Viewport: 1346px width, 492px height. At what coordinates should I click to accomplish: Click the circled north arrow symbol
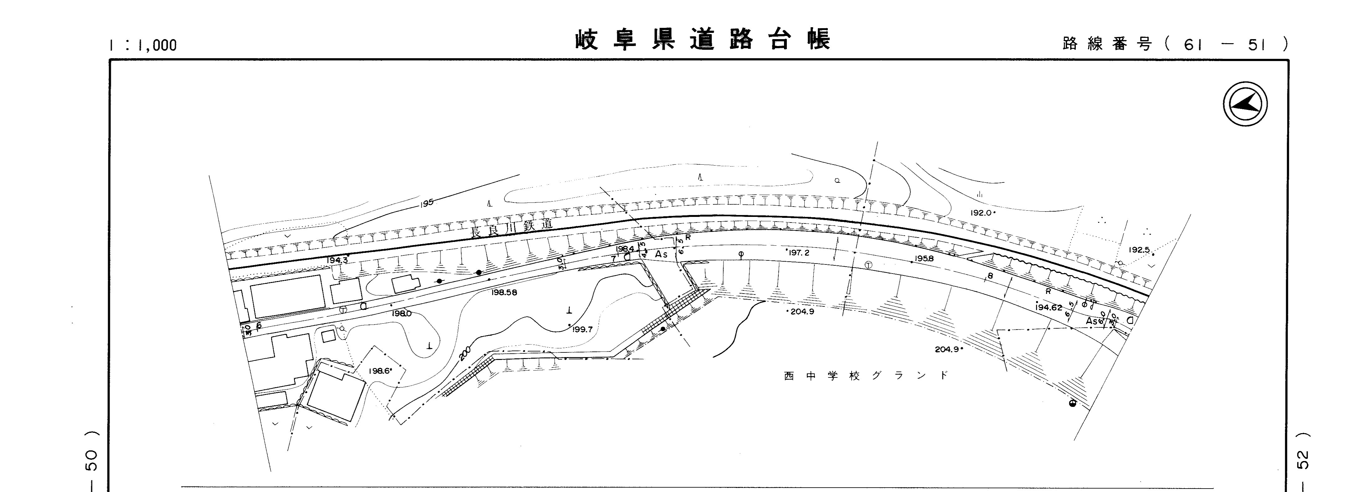point(1245,104)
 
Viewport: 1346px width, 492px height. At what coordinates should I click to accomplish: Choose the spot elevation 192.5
point(1139,250)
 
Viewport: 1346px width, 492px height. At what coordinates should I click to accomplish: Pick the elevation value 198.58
point(504,293)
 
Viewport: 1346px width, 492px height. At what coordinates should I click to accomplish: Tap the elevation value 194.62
point(1049,308)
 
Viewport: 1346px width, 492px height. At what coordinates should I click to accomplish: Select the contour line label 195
point(427,202)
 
